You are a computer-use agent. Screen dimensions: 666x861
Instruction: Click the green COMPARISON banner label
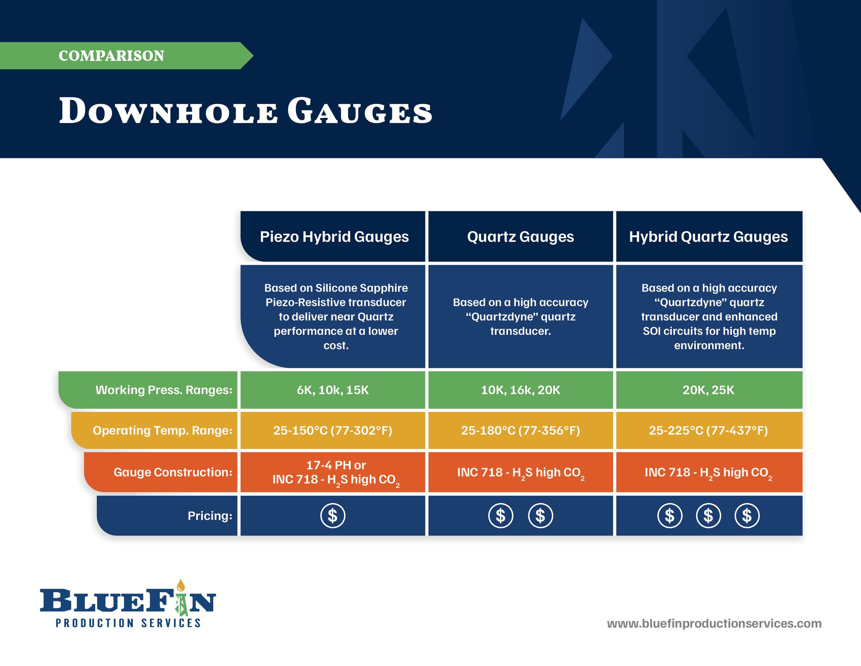click(111, 55)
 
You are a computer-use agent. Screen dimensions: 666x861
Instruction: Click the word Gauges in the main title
click(360, 111)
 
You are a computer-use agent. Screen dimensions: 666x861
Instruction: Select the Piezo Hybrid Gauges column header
click(334, 237)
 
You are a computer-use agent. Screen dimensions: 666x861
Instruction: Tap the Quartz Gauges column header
click(520, 237)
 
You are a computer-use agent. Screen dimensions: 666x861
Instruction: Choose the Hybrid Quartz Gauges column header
click(708, 237)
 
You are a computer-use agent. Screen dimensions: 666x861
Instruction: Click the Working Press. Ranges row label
click(164, 390)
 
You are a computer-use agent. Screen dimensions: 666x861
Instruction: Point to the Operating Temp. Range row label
click(163, 430)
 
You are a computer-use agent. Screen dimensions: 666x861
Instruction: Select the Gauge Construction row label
click(173, 472)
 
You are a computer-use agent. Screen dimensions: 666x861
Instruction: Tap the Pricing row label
click(210, 516)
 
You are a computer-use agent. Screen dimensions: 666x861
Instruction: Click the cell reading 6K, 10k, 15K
click(333, 390)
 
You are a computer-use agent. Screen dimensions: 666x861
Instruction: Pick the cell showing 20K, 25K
click(708, 390)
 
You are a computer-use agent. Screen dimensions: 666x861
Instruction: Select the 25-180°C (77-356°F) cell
click(520, 430)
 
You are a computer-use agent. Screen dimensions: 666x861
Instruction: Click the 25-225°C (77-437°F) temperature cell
click(708, 430)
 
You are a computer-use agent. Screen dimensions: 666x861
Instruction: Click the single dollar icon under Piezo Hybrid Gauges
click(333, 516)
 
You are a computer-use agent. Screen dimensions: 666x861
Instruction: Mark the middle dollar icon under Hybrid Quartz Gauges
click(708, 516)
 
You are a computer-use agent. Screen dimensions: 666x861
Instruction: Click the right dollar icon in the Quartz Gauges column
click(540, 516)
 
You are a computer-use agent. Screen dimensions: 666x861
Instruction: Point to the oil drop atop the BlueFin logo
click(181, 585)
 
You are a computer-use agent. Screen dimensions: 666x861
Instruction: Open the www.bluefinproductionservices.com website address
click(714, 623)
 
